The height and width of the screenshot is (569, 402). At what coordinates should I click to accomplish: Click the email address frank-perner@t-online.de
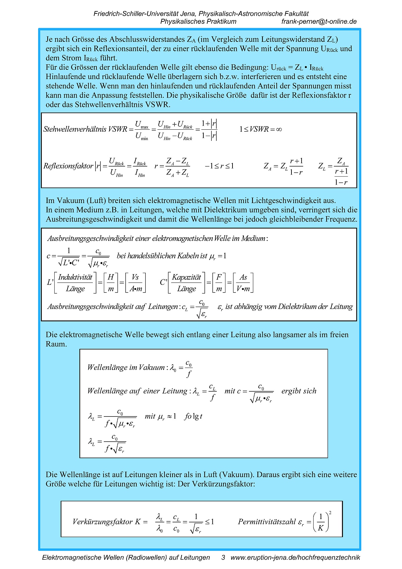coord(319,22)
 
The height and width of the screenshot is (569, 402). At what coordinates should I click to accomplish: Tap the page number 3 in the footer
coord(223,558)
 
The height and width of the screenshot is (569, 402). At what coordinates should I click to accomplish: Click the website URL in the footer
coord(295,558)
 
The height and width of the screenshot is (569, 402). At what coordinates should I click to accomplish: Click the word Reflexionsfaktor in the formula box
coord(68,166)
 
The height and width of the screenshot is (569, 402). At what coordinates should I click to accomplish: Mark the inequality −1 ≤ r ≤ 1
coord(219,166)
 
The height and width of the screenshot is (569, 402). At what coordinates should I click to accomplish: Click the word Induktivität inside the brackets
coord(75,277)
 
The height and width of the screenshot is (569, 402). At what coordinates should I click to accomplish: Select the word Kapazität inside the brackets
coord(186,277)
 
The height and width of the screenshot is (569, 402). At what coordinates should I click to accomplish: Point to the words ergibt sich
coord(299,391)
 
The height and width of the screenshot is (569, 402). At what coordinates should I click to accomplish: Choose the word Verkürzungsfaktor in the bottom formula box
coord(103,522)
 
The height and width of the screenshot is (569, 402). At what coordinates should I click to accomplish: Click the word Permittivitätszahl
coord(267,522)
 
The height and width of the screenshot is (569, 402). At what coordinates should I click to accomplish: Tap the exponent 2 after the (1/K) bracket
coord(330,513)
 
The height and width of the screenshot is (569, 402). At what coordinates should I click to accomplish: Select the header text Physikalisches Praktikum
coord(198,22)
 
